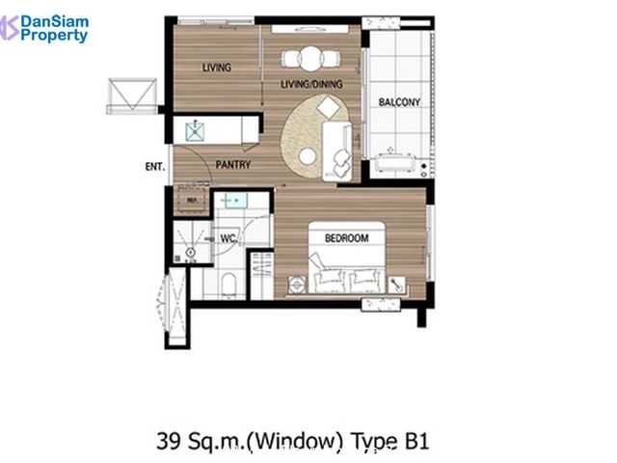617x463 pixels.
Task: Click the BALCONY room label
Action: [x=399, y=102]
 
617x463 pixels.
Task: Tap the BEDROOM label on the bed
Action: [x=347, y=238]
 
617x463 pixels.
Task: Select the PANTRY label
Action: [x=233, y=165]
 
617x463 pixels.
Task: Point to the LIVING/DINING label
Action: [x=311, y=84]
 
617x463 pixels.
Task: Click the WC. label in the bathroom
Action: [x=228, y=238]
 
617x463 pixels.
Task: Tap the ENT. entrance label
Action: [x=154, y=167]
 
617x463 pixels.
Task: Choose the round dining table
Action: [x=310, y=59]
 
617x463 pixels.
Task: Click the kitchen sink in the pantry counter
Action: [x=195, y=131]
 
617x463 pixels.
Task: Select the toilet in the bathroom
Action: [x=228, y=286]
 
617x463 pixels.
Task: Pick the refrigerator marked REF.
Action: [x=192, y=200]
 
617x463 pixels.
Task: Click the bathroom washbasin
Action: [x=233, y=201]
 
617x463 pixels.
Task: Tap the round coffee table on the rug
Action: [x=308, y=156]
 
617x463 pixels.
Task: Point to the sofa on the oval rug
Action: [x=336, y=151]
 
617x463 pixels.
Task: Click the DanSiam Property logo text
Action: [x=54, y=28]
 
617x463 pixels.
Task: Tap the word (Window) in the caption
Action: [x=294, y=441]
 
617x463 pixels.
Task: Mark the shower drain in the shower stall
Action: [x=191, y=252]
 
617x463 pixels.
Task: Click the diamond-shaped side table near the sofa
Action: [x=329, y=107]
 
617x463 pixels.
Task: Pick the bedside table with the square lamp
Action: [x=298, y=285]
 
